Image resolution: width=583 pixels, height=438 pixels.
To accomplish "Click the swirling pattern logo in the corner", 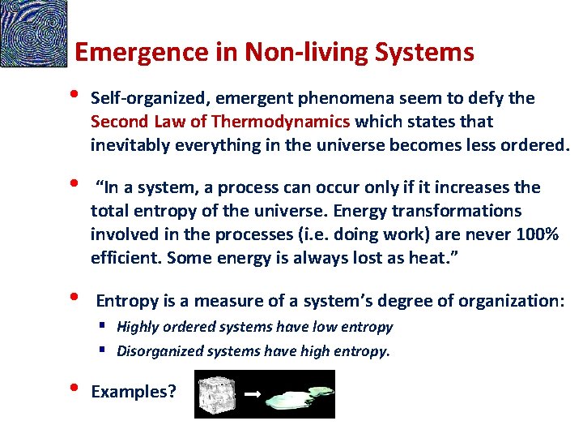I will point(33,33).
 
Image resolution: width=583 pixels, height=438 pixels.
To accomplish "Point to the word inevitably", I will point(126,145).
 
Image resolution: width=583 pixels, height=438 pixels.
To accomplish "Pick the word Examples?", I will point(134,393).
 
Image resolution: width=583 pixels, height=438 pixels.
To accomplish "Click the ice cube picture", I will point(226,394).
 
